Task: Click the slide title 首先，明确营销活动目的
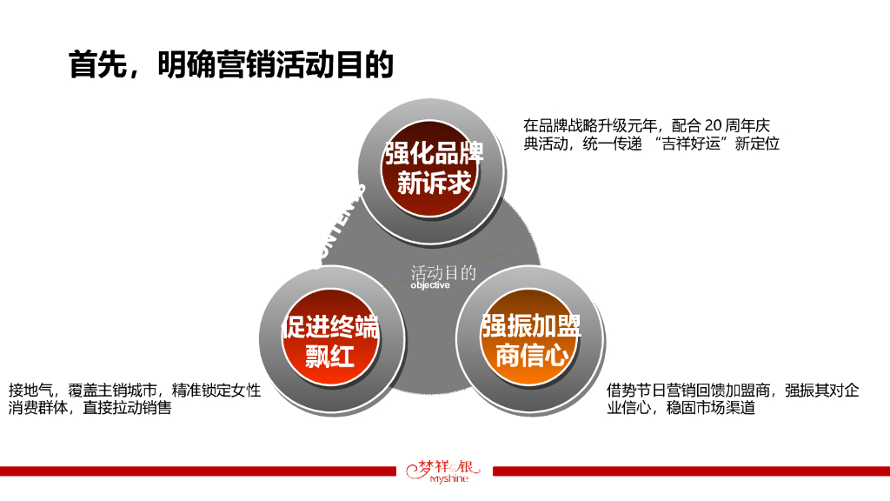coord(231,65)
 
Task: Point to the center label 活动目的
coord(443,273)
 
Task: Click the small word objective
coord(430,285)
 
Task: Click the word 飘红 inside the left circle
coord(330,357)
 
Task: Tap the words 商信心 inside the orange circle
coord(532,357)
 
